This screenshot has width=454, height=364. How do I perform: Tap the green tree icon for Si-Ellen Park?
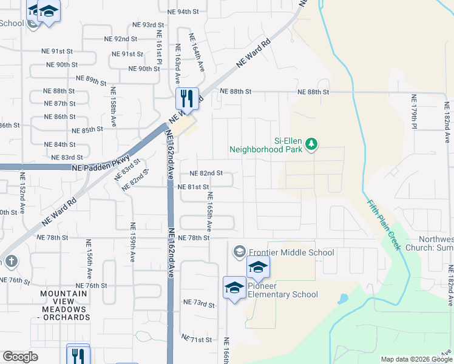(312, 144)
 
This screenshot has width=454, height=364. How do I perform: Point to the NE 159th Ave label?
(132, 242)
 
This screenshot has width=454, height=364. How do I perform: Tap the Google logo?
(20, 356)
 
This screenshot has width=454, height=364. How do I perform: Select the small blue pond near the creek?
(342, 299)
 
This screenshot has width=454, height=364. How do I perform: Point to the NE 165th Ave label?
(210, 211)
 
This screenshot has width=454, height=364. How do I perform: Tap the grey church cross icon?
(10, 261)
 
